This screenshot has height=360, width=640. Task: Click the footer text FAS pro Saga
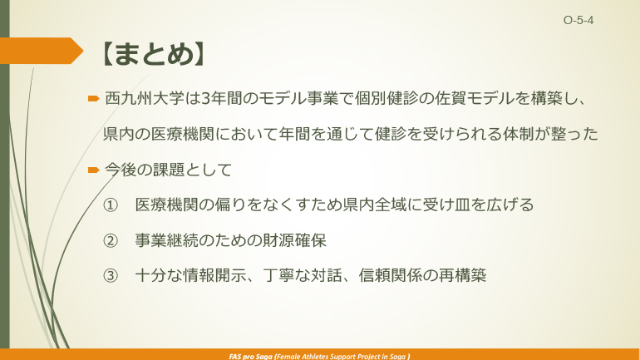coord(249,355)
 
